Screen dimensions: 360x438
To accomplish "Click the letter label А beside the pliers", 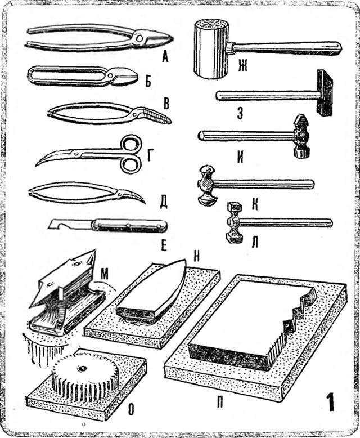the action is (165, 57).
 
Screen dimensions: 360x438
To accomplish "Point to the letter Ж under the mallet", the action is (242, 66).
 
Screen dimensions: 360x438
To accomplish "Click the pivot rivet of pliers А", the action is (138, 38).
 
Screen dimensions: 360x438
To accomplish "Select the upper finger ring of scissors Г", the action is (130, 144).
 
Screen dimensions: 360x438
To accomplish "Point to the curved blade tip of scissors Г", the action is (36, 166).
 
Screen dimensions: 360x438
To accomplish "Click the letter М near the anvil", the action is (104, 275).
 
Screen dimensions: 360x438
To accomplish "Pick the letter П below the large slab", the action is (220, 403).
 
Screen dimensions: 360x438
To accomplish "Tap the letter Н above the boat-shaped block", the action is (196, 256).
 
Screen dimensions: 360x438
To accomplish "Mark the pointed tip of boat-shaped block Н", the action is (183, 260).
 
